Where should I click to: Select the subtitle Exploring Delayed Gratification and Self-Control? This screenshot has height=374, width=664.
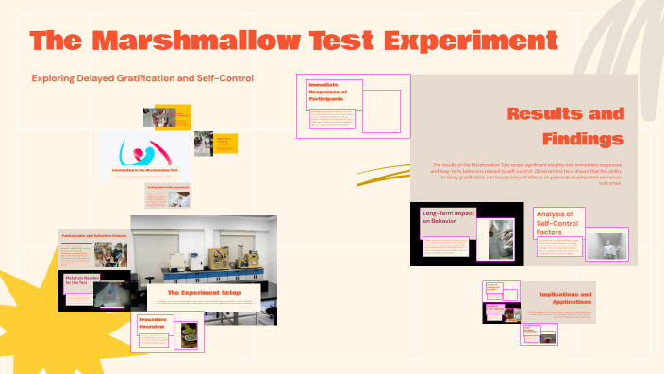tap(142, 78)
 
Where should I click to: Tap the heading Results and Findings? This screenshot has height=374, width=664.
tap(566, 126)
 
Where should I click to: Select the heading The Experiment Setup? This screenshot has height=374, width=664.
tap(204, 293)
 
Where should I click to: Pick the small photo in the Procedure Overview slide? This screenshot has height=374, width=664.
tap(190, 334)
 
